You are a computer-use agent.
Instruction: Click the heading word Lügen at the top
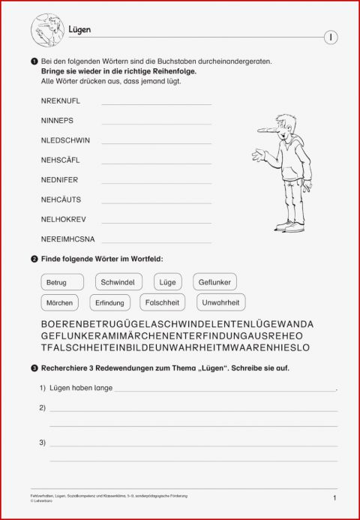point(79,29)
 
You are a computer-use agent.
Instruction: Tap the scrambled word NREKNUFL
point(61,101)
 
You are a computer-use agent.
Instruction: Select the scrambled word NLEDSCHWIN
point(65,140)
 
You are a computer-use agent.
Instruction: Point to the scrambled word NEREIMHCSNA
point(67,239)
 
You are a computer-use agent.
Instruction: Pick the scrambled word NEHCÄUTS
point(61,200)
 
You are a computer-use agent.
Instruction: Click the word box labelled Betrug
point(56,283)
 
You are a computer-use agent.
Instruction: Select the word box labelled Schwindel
point(119,283)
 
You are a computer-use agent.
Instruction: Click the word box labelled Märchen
point(59,303)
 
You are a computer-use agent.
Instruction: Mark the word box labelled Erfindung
point(109,303)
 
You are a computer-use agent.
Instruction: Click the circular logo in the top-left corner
point(46,30)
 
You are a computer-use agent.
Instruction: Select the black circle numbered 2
point(34,259)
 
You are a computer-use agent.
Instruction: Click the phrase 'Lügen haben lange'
point(81,388)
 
